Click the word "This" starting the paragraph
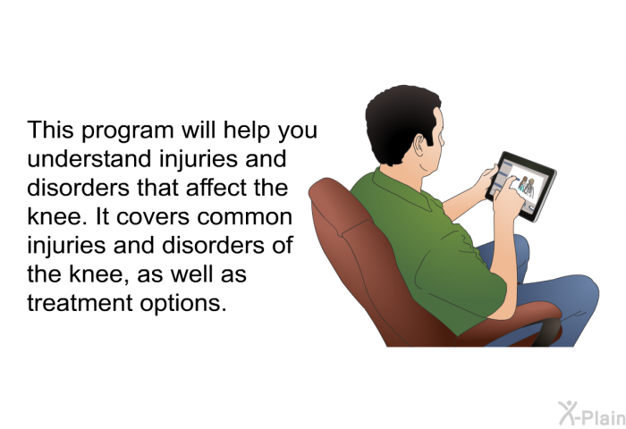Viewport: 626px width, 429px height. tap(50, 130)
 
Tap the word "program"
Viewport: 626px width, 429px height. tap(128, 131)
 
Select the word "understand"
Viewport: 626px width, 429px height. tap(89, 158)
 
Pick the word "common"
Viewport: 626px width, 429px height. tap(245, 217)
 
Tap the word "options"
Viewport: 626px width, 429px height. tap(182, 304)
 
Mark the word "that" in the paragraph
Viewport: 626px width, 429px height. tap(156, 187)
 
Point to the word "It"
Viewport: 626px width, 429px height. tap(102, 216)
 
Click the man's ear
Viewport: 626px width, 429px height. tap(419, 146)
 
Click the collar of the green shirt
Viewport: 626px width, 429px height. tap(403, 189)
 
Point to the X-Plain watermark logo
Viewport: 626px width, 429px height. tap(592, 413)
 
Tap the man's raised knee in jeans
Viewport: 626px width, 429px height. tap(575, 290)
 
